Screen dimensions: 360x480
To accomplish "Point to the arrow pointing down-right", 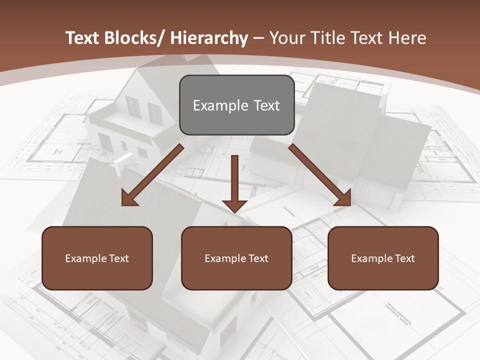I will (320, 175).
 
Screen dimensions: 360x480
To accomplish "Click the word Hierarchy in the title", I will (209, 38).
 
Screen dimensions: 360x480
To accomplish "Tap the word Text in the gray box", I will (266, 106).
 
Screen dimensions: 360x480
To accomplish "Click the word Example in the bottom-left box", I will (85, 258).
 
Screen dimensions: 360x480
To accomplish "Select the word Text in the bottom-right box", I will (404, 258).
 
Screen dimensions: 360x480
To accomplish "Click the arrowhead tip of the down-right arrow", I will (350, 205).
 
